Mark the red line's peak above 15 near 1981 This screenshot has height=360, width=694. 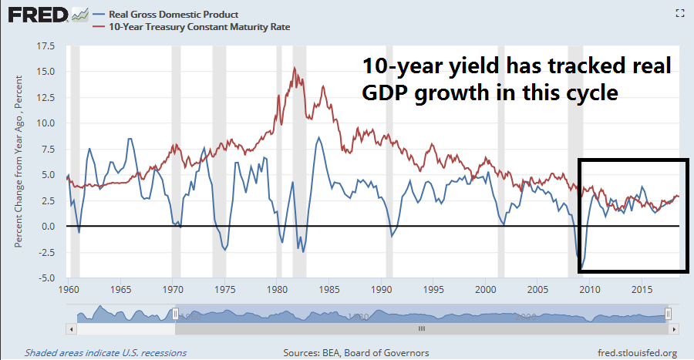(x=295, y=68)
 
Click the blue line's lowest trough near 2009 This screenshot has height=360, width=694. (x=582, y=267)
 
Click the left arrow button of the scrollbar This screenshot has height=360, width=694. (x=72, y=328)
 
